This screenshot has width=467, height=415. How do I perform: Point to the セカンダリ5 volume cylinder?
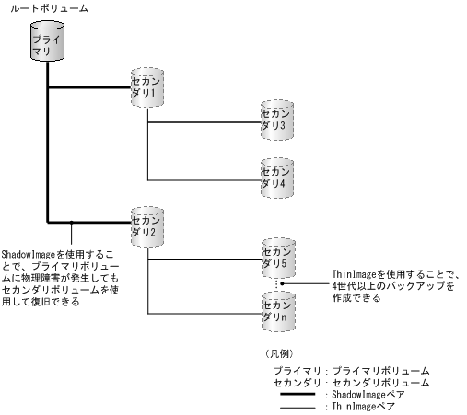coord(275,259)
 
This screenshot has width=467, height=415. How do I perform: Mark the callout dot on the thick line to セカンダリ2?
coord(71,221)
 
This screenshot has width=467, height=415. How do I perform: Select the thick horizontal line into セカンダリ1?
coord(88,88)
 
